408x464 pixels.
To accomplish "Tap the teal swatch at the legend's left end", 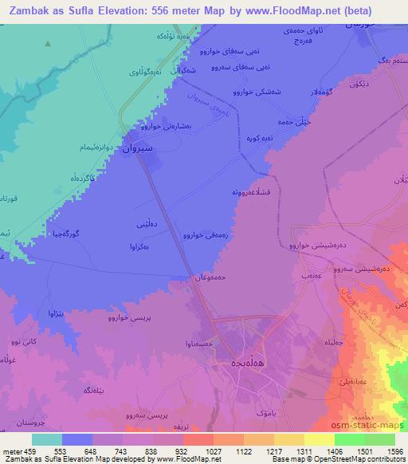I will click(x=47, y=439).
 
